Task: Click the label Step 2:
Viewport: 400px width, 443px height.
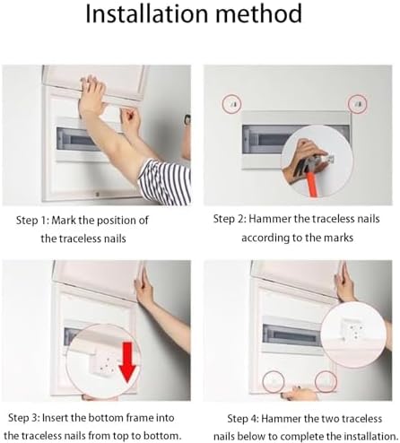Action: (233, 220)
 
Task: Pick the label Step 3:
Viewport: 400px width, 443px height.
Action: (29, 418)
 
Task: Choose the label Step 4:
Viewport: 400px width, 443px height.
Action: (247, 418)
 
